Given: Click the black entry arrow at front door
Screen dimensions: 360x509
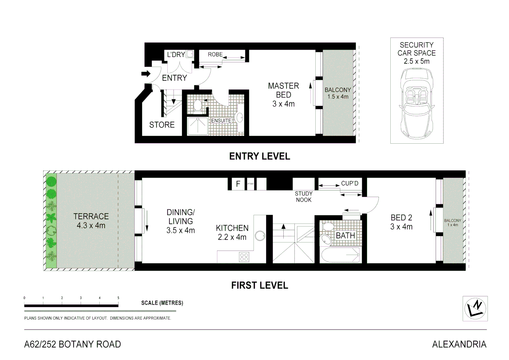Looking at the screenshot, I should tap(146, 74).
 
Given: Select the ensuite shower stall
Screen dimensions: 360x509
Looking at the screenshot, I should tap(198, 126).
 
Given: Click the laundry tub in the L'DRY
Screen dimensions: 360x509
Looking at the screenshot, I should tap(190, 54).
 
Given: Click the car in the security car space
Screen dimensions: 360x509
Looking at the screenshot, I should tap(417, 104).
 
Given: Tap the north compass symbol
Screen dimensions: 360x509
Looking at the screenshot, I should tap(475, 308).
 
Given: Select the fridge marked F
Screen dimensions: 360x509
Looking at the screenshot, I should tap(238, 184).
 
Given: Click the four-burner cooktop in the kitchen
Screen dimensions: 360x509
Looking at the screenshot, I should tap(244, 257).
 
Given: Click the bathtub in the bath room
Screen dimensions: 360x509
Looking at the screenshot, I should tap(340, 255).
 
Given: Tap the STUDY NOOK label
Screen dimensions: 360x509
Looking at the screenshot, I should tap(304, 197).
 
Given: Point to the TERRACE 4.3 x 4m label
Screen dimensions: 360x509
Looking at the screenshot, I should tap(91, 221).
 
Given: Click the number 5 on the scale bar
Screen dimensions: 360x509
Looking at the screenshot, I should tap(118, 298).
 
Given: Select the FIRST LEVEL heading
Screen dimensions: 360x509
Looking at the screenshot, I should tap(260, 285).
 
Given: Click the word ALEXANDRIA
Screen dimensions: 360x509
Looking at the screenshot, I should tap(459, 344).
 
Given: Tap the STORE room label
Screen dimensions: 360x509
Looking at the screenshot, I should tap(162, 125).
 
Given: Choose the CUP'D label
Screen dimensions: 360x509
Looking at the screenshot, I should tap(350, 183).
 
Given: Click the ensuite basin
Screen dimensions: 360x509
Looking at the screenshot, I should tap(239, 117).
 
